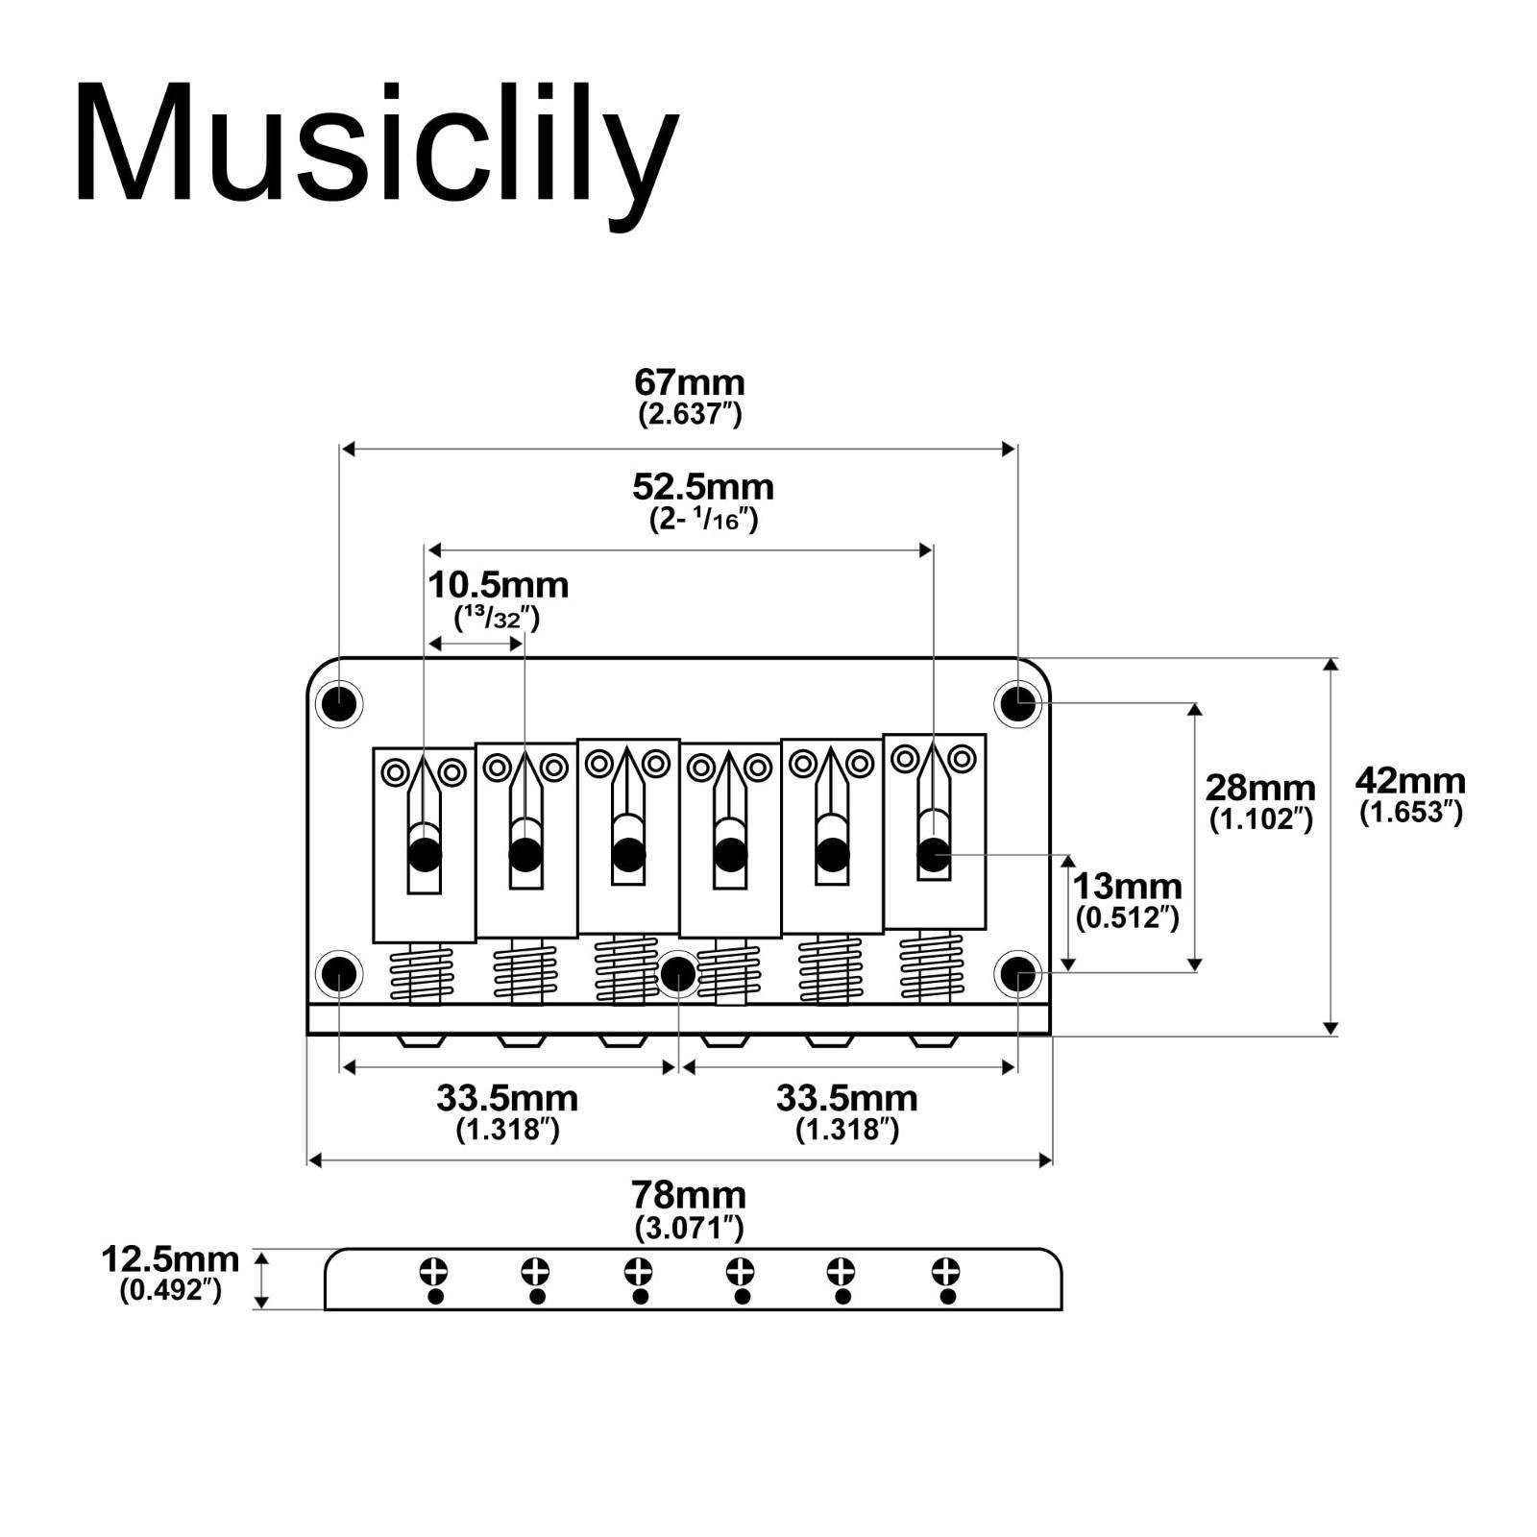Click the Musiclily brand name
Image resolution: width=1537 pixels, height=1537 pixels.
click(377, 145)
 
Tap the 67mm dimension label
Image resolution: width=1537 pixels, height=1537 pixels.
click(690, 382)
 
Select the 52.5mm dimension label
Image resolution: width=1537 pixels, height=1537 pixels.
click(703, 487)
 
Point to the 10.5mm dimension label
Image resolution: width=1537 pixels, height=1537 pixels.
click(498, 585)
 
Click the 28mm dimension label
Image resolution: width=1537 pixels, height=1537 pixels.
click(1260, 788)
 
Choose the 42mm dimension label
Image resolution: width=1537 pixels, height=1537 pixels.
click(1410, 780)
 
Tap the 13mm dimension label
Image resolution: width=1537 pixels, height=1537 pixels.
click(1127, 886)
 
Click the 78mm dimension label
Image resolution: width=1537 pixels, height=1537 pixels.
click(689, 1195)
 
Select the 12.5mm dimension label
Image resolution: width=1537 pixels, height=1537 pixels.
click(170, 1258)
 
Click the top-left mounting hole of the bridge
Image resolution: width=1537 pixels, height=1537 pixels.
click(338, 704)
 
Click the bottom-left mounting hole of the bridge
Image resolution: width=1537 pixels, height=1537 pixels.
click(338, 975)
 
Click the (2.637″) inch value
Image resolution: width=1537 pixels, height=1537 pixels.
click(690, 415)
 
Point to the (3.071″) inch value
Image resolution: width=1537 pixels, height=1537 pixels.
click(689, 1228)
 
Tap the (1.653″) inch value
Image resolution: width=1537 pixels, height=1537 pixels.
click(1410, 813)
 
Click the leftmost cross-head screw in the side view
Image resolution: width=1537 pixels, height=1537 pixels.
click(434, 1272)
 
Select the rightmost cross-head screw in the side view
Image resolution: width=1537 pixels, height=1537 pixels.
click(946, 1272)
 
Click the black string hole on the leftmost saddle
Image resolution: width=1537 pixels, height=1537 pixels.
click(425, 854)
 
